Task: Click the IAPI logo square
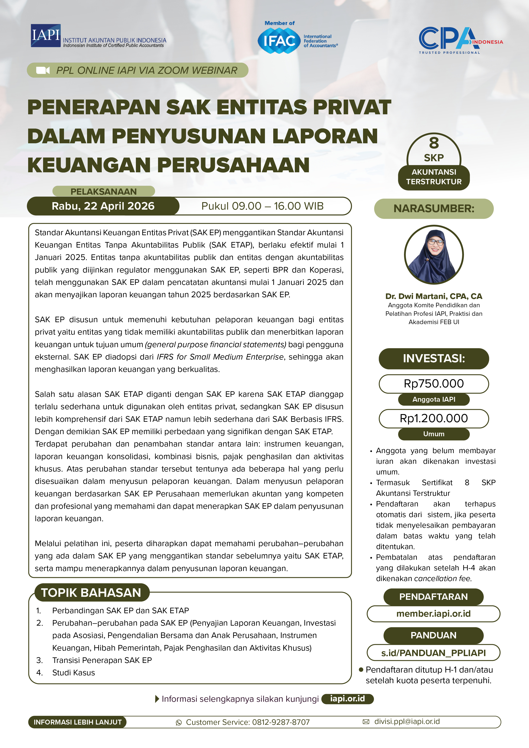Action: pyautogui.click(x=46, y=35)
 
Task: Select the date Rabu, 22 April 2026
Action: pyautogui.click(x=103, y=206)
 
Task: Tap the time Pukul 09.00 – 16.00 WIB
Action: pyautogui.click(x=262, y=206)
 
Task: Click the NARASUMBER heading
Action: pyautogui.click(x=434, y=209)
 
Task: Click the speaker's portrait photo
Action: pyautogui.click(x=434, y=255)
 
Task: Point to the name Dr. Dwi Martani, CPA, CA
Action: pyautogui.click(x=434, y=296)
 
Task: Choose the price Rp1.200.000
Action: pyautogui.click(x=434, y=418)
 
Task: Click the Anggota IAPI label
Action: pyautogui.click(x=434, y=399)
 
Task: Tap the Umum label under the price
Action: pyautogui.click(x=434, y=434)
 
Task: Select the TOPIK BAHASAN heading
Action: pyautogui.click(x=91, y=593)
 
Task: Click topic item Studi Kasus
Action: pyautogui.click(x=74, y=673)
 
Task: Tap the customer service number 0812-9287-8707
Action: pyautogui.click(x=281, y=722)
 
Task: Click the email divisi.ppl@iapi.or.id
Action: pyautogui.click(x=407, y=722)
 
